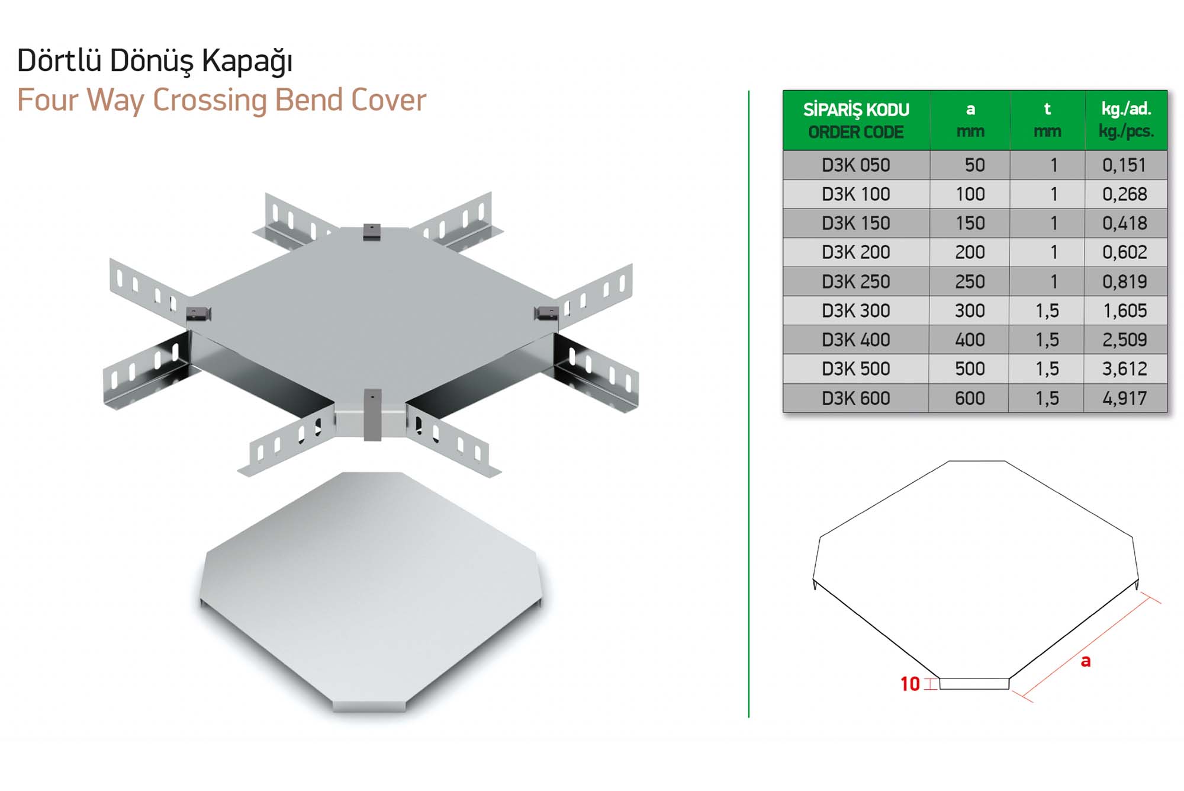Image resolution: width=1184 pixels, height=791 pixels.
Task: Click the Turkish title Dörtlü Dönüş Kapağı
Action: point(155,61)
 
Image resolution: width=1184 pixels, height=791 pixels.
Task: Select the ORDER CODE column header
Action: point(856,132)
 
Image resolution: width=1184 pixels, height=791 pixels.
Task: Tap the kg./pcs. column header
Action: point(1126,131)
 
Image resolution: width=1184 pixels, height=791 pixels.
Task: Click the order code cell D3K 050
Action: point(856,165)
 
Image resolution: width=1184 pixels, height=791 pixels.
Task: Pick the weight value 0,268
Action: point(1125,194)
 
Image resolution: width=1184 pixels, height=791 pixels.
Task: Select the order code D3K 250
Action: point(856,281)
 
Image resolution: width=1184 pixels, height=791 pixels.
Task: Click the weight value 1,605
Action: point(1125,310)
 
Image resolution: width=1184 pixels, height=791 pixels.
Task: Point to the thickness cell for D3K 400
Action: point(1047,340)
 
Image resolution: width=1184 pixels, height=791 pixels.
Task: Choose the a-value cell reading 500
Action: point(970,369)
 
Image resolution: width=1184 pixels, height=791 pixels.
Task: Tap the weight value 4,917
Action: point(1125,398)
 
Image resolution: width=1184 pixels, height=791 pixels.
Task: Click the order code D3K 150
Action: point(856,223)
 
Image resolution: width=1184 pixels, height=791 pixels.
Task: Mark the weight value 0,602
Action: point(1125,252)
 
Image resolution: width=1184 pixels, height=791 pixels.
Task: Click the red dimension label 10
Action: point(910,684)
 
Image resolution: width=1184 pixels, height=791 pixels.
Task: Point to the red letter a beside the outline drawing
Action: point(1086,661)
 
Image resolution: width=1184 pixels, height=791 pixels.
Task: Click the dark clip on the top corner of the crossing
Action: point(372,232)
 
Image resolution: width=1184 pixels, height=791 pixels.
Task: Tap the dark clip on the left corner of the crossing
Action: point(198,313)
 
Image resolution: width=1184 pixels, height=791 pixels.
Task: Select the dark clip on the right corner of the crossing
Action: point(546,313)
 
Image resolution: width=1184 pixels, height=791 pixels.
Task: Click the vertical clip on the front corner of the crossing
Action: point(372,415)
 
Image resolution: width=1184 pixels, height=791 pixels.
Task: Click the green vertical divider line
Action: point(749,404)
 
